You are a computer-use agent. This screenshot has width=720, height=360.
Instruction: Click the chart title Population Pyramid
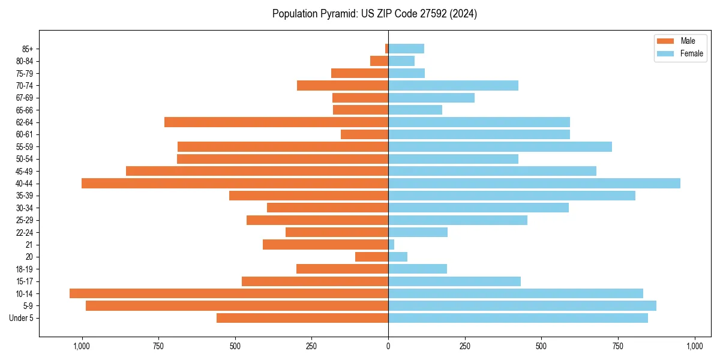374,14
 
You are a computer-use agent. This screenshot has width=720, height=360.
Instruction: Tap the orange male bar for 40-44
235,183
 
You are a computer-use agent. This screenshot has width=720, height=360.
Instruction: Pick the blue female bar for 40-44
534,183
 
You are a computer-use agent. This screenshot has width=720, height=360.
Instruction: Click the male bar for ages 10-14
229,293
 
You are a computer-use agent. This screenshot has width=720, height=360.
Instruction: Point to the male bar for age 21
325,244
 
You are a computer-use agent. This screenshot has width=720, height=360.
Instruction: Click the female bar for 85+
406,49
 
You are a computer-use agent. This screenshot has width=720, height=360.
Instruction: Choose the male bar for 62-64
276,122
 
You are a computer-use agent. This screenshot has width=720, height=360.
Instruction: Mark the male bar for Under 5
302,318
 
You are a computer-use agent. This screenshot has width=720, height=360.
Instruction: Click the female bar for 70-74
453,85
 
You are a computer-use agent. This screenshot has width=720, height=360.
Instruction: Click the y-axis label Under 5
22,318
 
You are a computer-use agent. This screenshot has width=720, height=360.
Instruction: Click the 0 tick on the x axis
388,346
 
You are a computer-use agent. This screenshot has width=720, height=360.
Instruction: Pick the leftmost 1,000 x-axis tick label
82,346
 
